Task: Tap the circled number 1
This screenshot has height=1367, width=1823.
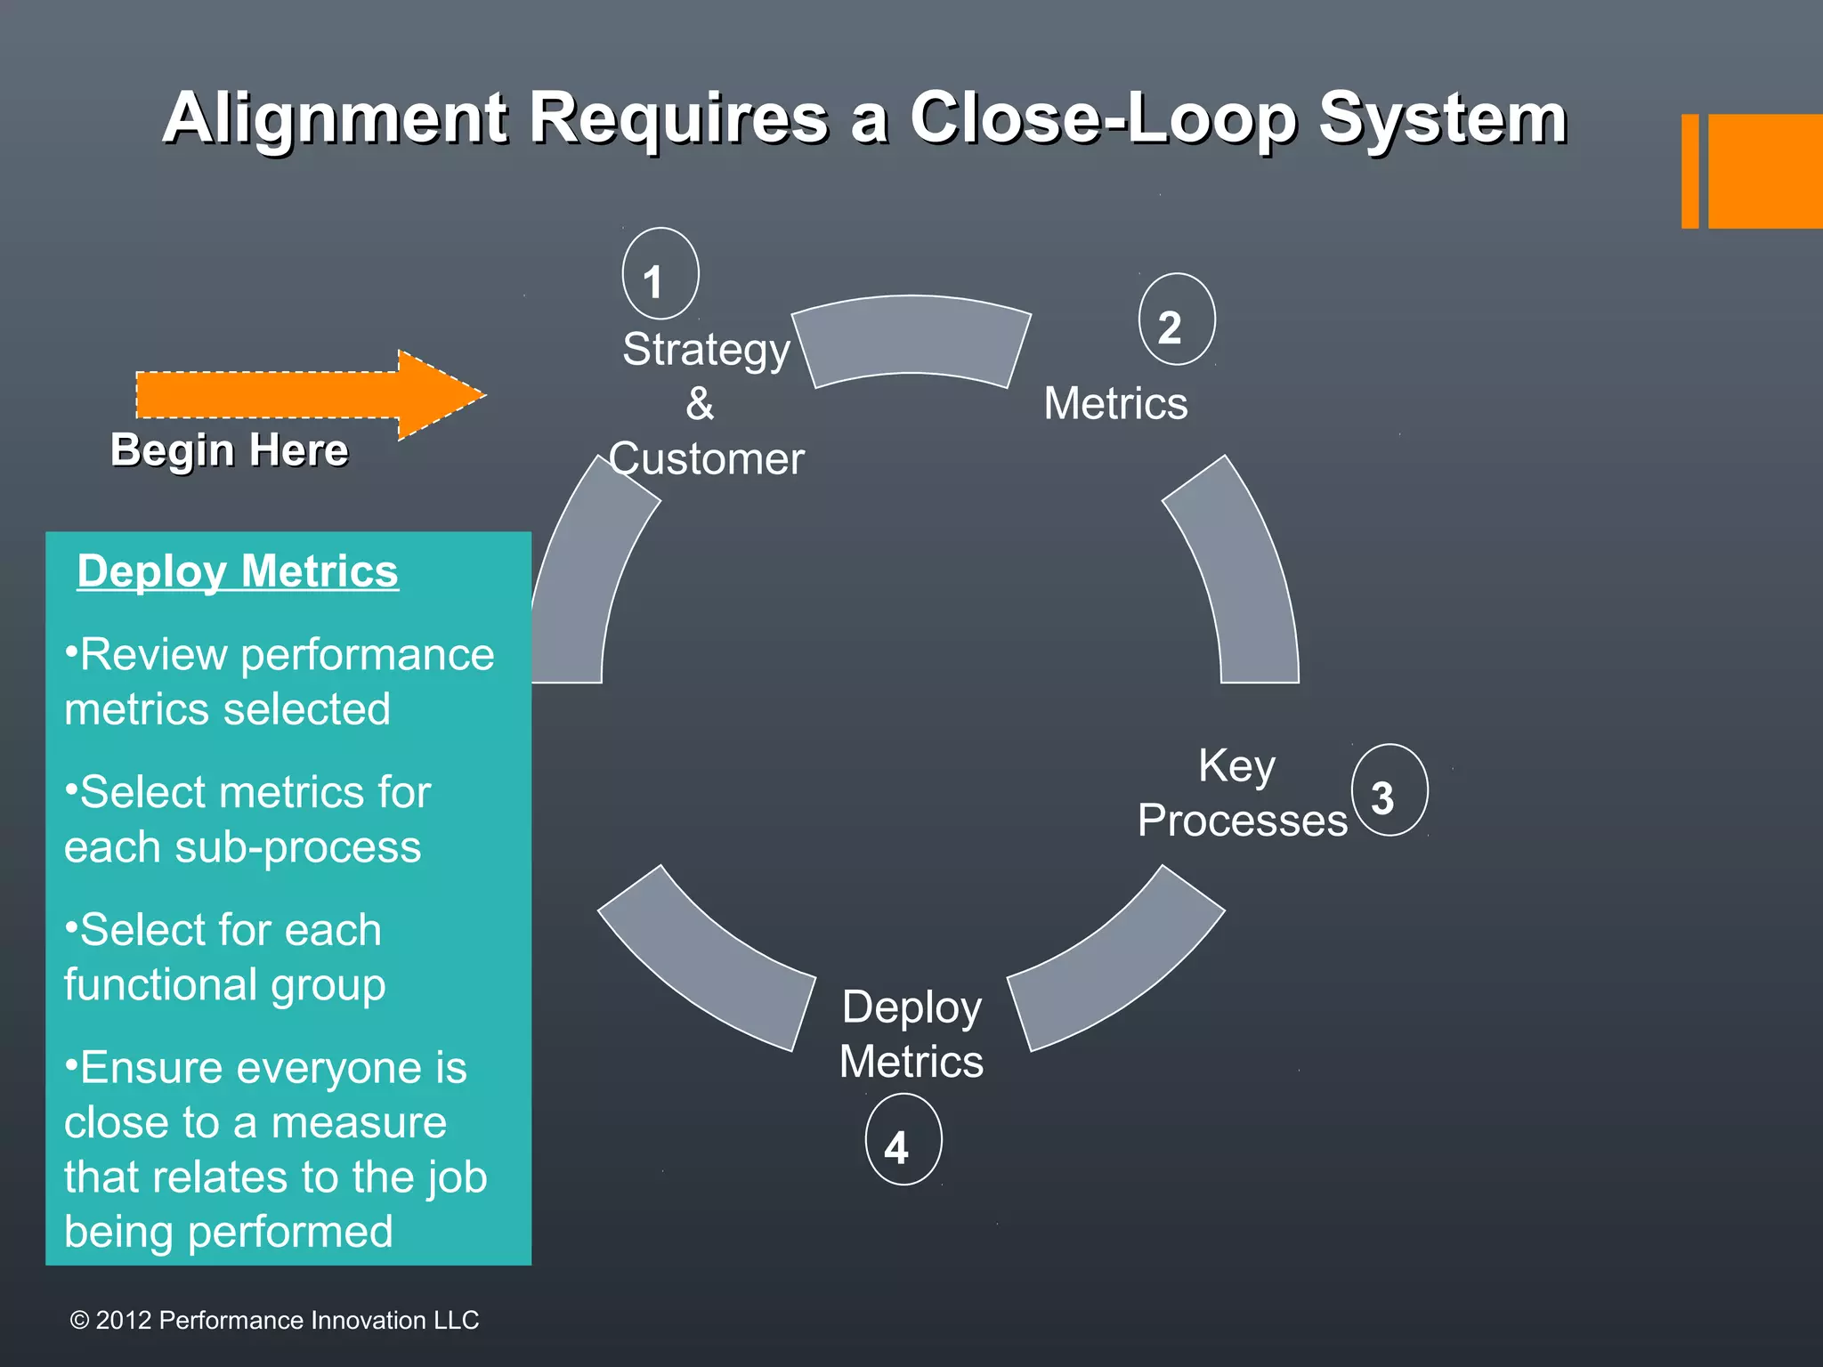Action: (x=660, y=274)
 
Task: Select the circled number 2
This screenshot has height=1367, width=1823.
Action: (x=1176, y=320)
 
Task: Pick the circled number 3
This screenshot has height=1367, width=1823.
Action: (x=1389, y=790)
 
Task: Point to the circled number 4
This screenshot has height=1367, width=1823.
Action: (x=903, y=1140)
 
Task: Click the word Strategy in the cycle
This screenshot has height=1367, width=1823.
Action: (x=706, y=349)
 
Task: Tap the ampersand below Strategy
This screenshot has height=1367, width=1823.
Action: (x=700, y=404)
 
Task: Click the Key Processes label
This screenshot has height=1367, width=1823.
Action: (x=1242, y=793)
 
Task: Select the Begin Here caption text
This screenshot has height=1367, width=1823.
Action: (x=229, y=450)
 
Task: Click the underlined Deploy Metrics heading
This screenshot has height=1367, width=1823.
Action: (x=238, y=571)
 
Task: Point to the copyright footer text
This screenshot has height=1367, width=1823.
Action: (x=274, y=1320)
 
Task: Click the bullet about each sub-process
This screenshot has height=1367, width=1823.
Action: (x=245, y=819)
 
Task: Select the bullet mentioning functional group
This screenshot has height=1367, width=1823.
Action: (x=224, y=957)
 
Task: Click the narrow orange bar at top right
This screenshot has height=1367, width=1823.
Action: (x=1689, y=171)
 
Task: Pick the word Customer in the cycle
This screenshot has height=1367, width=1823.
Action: (x=707, y=459)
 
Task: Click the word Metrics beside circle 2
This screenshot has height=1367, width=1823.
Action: (x=1115, y=403)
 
